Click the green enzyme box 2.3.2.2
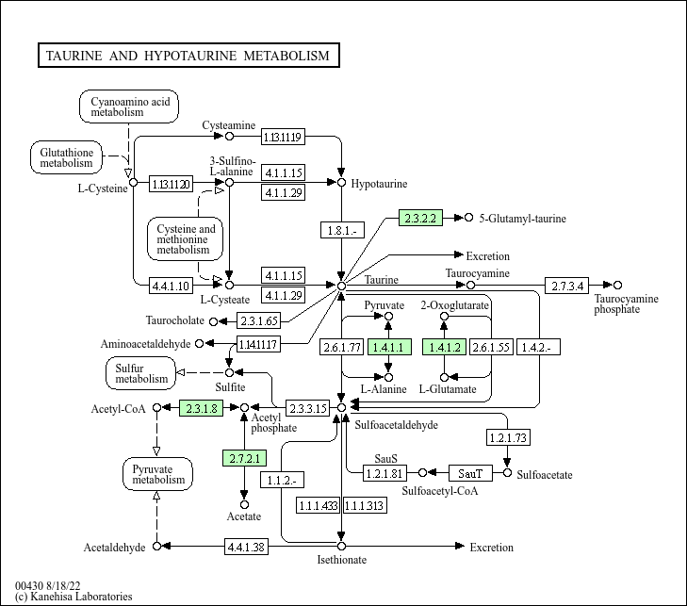420,218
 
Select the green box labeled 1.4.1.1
388,347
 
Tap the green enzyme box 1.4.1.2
444,347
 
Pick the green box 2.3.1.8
201,407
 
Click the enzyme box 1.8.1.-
341,231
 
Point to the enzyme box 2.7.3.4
567,285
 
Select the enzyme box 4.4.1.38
246,546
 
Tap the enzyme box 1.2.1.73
507,437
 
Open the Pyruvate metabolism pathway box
157,473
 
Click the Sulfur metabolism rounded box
141,373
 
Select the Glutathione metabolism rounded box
66,156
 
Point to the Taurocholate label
175,321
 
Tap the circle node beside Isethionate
341,546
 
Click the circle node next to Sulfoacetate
508,472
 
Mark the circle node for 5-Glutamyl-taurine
468,218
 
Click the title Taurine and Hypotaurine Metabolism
188,56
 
